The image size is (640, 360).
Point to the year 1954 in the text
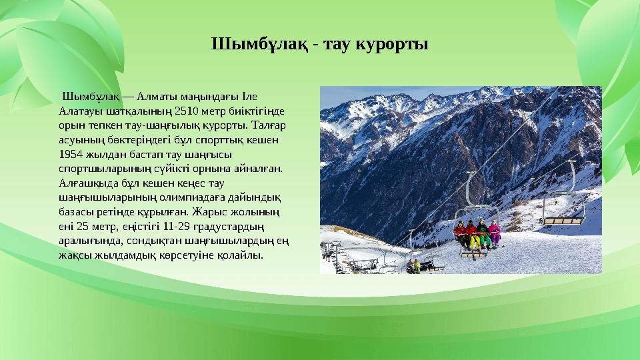click(71, 154)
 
